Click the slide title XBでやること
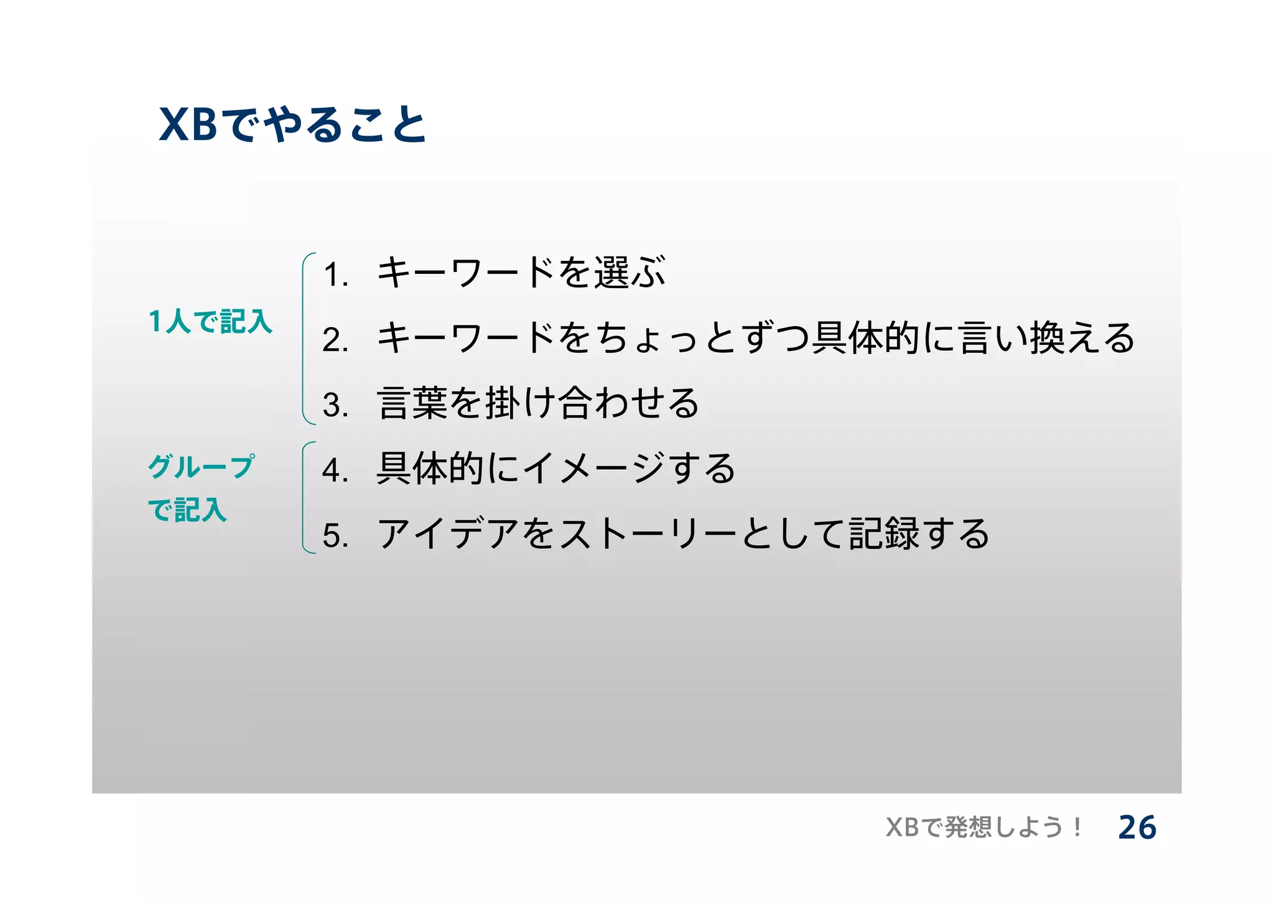pos(292,124)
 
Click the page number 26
pos(1137,828)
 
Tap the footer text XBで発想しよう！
pos(983,828)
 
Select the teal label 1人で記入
pos(210,322)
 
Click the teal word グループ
pos(201,466)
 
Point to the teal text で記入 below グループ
pos(187,510)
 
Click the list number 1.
pos(335,274)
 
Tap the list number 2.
pos(335,340)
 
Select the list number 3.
pos(335,405)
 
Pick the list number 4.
pos(335,470)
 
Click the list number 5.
pos(335,536)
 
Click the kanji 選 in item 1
pos(611,273)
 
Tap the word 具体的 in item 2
pos(865,338)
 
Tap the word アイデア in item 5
pos(448,534)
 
